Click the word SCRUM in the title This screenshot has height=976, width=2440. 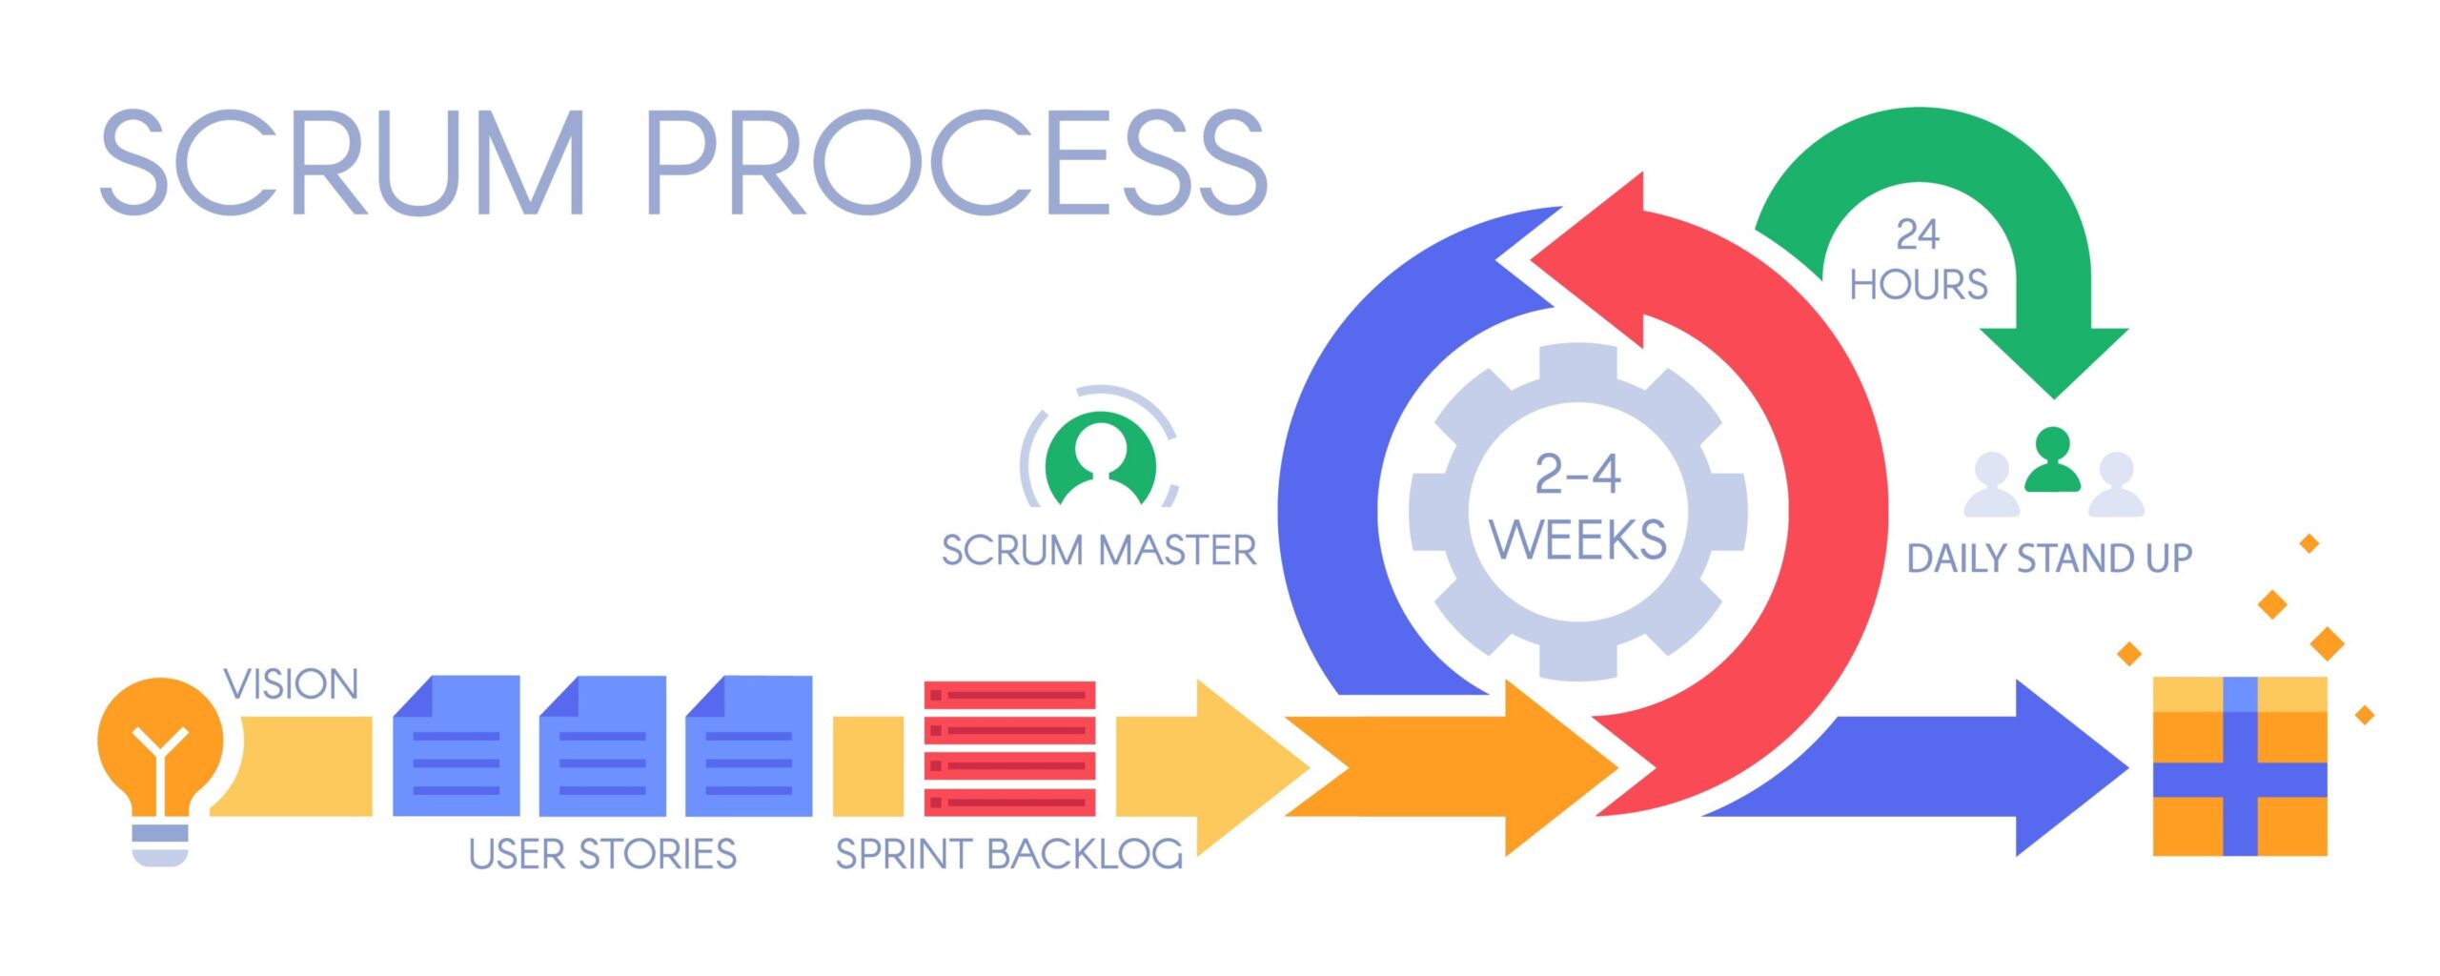tap(343, 162)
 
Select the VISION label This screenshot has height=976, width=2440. tap(291, 684)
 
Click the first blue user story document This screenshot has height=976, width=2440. tap(457, 746)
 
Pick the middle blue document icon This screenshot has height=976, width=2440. tap(602, 746)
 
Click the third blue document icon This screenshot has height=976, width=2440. tap(749, 746)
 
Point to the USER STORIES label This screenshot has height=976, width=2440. tap(602, 854)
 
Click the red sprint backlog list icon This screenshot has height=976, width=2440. tap(1009, 748)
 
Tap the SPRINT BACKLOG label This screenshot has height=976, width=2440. tap(1008, 854)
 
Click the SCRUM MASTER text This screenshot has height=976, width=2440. tap(1099, 551)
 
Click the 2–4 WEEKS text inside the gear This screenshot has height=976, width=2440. tap(1578, 507)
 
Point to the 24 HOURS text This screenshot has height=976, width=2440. tap(1918, 260)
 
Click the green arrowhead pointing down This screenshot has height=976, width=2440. tap(2054, 357)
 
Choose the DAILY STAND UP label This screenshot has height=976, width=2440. tap(2049, 559)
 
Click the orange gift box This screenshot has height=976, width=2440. tap(2240, 766)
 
